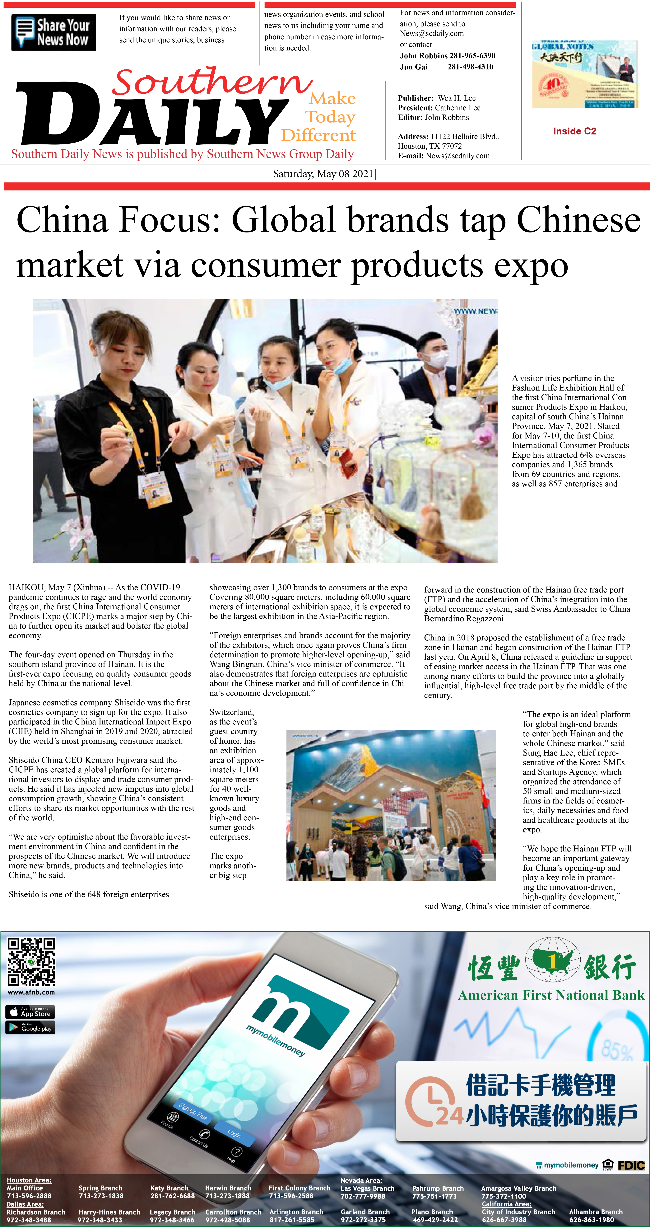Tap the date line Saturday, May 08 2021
click(324, 174)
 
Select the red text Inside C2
click(574, 131)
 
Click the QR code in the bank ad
click(31, 961)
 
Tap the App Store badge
click(30, 1012)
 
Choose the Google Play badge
click(30, 1027)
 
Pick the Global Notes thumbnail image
click(585, 74)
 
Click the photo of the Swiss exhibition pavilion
click(391, 805)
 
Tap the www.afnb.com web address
click(31, 992)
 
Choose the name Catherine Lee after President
click(458, 108)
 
